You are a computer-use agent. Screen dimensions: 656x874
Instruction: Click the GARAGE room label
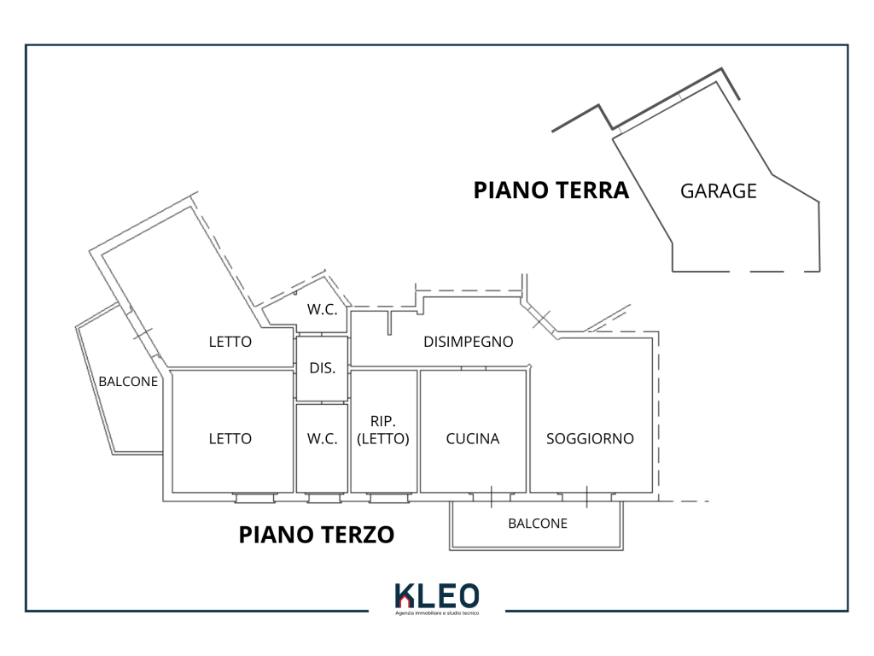(718, 191)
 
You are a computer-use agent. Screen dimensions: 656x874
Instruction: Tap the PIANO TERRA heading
(551, 190)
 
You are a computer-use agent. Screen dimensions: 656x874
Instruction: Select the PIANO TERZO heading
(316, 535)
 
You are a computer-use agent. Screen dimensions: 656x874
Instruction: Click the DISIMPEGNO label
(469, 342)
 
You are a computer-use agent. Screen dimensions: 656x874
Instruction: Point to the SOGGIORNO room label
(590, 439)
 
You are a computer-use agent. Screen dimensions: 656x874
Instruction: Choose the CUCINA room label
(472, 439)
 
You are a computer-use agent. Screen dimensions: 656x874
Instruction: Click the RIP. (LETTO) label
(383, 430)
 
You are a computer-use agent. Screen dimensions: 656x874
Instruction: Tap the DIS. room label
(322, 369)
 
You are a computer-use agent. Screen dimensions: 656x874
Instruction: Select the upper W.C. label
(323, 310)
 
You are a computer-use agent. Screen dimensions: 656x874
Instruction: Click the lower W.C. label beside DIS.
(322, 439)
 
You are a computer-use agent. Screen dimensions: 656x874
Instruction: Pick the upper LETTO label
(230, 342)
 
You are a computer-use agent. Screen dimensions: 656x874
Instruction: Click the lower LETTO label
(230, 439)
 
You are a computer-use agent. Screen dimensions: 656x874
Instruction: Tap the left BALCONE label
(128, 382)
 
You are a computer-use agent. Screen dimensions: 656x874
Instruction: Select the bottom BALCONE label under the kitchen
(537, 524)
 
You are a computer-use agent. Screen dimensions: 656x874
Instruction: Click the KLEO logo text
(437, 596)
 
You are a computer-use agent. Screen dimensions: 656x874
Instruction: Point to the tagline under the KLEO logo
(437, 613)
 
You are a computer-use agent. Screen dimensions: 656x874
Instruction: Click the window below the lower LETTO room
(254, 496)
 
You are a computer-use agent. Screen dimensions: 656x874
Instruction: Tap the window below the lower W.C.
(322, 496)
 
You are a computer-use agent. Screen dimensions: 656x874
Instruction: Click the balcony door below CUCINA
(492, 495)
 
